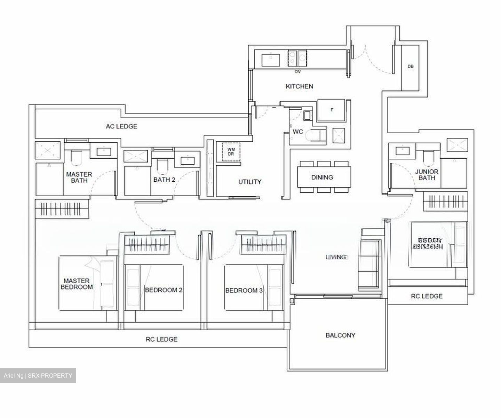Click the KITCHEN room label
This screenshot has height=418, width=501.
point(299,86)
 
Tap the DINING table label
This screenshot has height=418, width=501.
point(322,178)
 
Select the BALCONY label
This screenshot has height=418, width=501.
point(340,335)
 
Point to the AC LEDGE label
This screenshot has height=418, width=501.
point(121,126)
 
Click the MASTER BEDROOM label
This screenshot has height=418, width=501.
point(77,284)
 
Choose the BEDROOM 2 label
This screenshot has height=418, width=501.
point(164,290)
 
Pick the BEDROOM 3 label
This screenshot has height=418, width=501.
point(244,290)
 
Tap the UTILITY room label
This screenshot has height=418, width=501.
point(249,182)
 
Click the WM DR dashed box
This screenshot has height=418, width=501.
point(231,152)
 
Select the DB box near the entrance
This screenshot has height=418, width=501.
point(411,66)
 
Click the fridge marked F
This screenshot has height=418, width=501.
point(332,110)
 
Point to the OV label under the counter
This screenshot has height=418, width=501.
point(297,72)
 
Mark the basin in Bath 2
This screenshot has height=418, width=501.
point(188,160)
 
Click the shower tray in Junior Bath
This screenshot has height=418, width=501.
point(456,145)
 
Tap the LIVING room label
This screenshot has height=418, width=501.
point(336,257)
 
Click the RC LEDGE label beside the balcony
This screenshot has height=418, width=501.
point(427,296)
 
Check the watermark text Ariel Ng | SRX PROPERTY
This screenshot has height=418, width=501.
point(38,376)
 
